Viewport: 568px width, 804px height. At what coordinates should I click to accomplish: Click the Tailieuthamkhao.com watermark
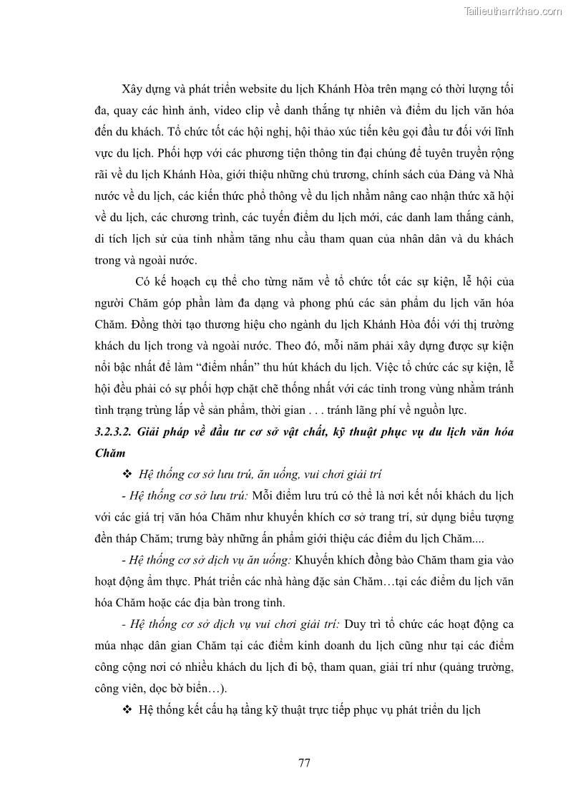coord(513,11)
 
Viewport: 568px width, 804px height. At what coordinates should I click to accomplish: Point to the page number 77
coord(304,762)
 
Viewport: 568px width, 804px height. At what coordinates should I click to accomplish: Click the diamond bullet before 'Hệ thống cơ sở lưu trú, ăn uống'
coord(128,475)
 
